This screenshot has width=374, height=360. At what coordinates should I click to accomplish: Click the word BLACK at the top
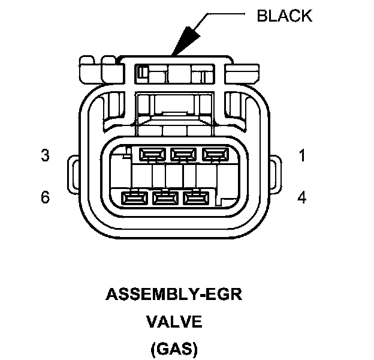pos(285,16)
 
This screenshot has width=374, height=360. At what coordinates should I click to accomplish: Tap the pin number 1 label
pos(302,156)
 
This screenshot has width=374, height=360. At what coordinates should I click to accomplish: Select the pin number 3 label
pos(45,156)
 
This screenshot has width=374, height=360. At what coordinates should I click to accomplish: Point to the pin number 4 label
pos(302,197)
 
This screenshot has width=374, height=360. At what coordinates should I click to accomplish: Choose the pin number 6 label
pos(45,197)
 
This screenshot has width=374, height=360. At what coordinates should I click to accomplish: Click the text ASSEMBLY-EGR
pos(177,295)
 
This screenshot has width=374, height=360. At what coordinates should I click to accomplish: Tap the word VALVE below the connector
pos(174,322)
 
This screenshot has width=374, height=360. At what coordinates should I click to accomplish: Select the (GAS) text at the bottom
pos(174,348)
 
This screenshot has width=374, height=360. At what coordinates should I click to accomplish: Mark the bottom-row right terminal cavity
pos(195,197)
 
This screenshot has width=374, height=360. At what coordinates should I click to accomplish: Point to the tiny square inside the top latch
pos(142,73)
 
